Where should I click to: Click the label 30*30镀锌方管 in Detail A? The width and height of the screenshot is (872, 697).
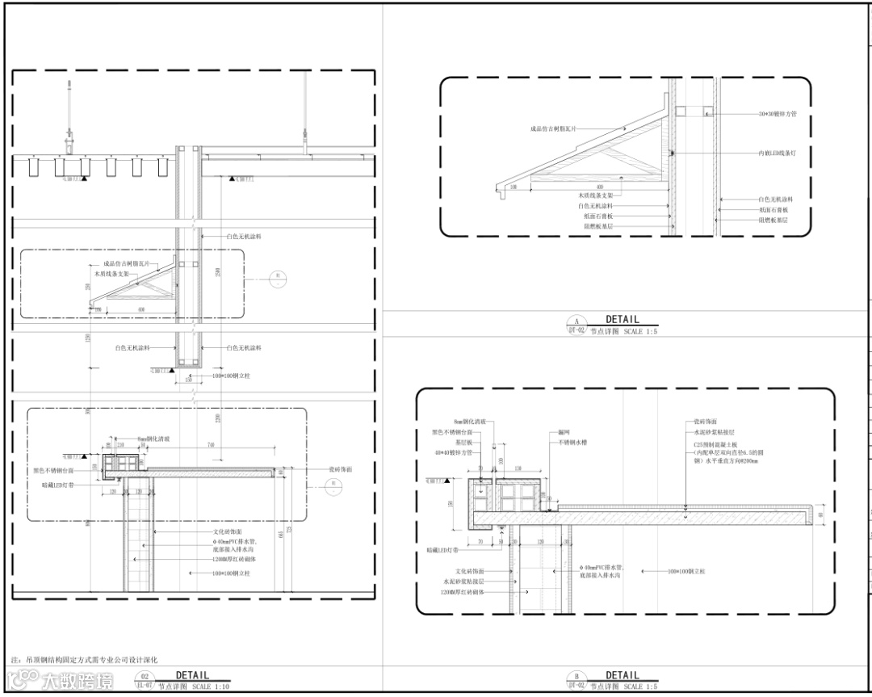[778, 115]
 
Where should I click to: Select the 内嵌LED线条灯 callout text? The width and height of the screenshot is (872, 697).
[777, 153]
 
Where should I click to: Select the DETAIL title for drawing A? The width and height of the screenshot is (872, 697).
[622, 320]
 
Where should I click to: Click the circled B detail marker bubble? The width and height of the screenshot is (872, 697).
[576, 678]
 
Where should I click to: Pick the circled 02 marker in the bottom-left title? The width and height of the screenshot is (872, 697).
[145, 677]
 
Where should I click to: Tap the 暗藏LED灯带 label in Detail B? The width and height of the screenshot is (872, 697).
[442, 550]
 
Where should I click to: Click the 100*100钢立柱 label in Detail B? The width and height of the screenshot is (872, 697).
[686, 571]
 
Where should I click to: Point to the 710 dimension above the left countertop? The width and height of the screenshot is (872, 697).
[210, 445]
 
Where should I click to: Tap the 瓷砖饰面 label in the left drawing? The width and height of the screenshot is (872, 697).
[344, 469]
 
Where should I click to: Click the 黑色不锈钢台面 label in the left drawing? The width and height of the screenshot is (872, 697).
[53, 470]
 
